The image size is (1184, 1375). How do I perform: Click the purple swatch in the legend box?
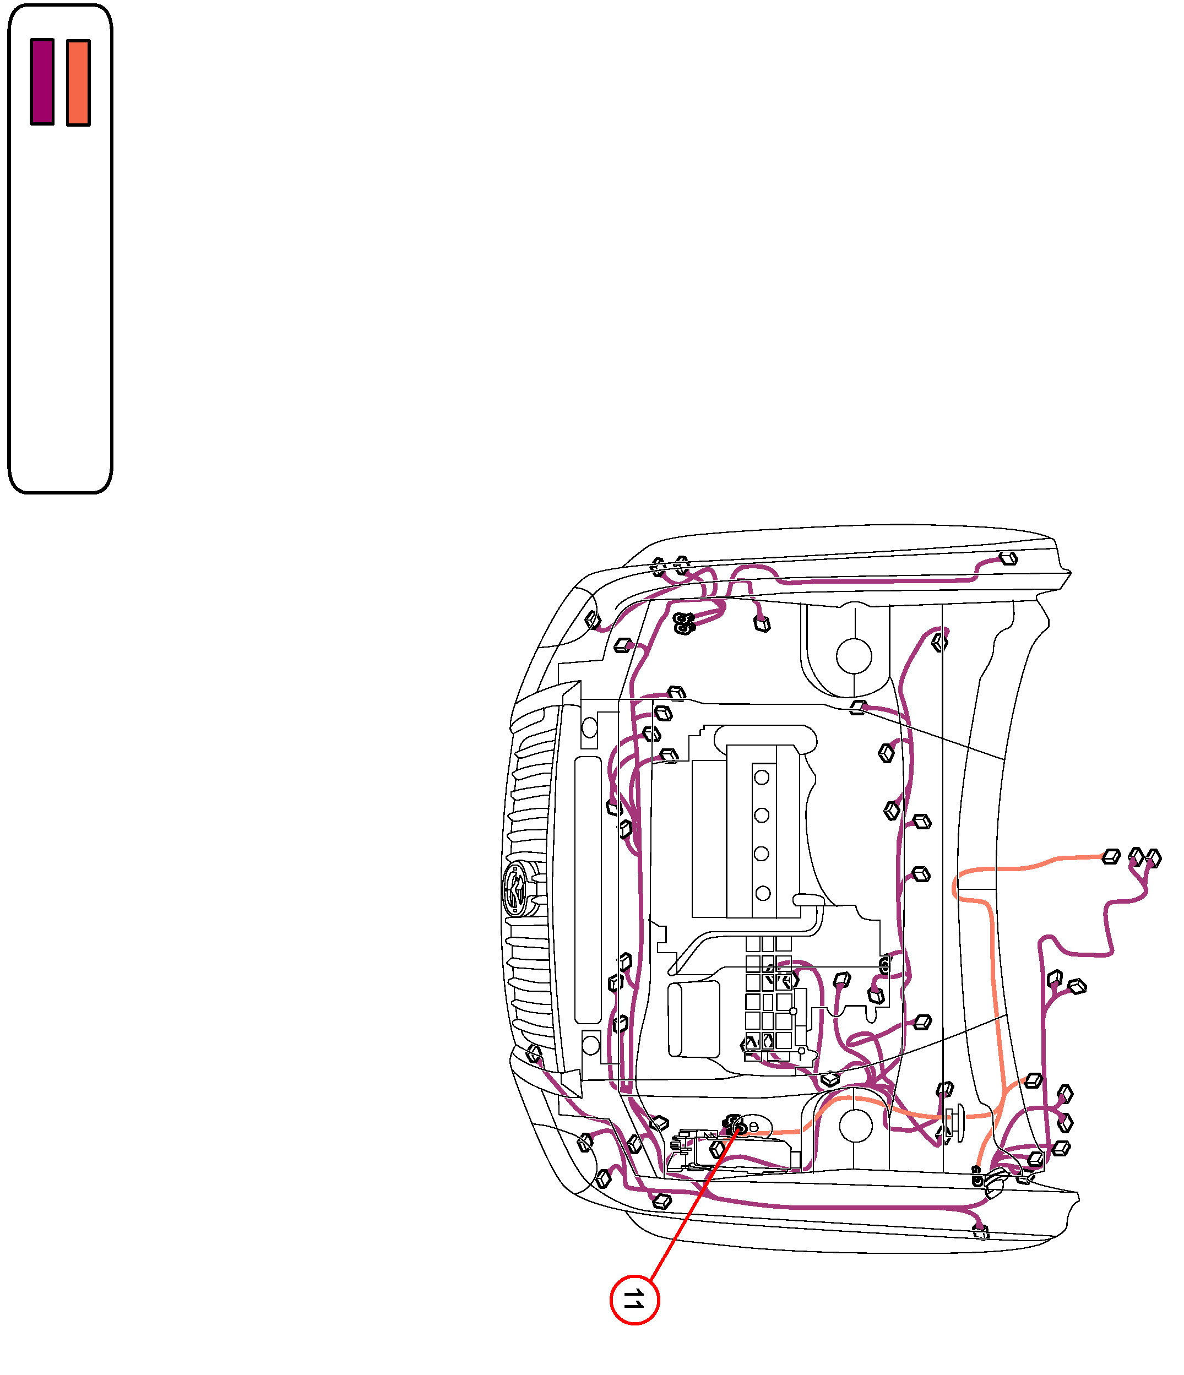(42, 81)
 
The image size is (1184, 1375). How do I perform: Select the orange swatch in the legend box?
(78, 82)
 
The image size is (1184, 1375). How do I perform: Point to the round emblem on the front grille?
(515, 889)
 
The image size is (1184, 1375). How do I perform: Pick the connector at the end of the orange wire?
(1110, 857)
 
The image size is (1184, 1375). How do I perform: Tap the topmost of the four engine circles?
(761, 777)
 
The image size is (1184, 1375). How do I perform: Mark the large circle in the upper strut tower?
(854, 656)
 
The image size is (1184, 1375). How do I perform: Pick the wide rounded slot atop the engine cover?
(764, 738)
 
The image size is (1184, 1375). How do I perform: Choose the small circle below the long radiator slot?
(590, 1045)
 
